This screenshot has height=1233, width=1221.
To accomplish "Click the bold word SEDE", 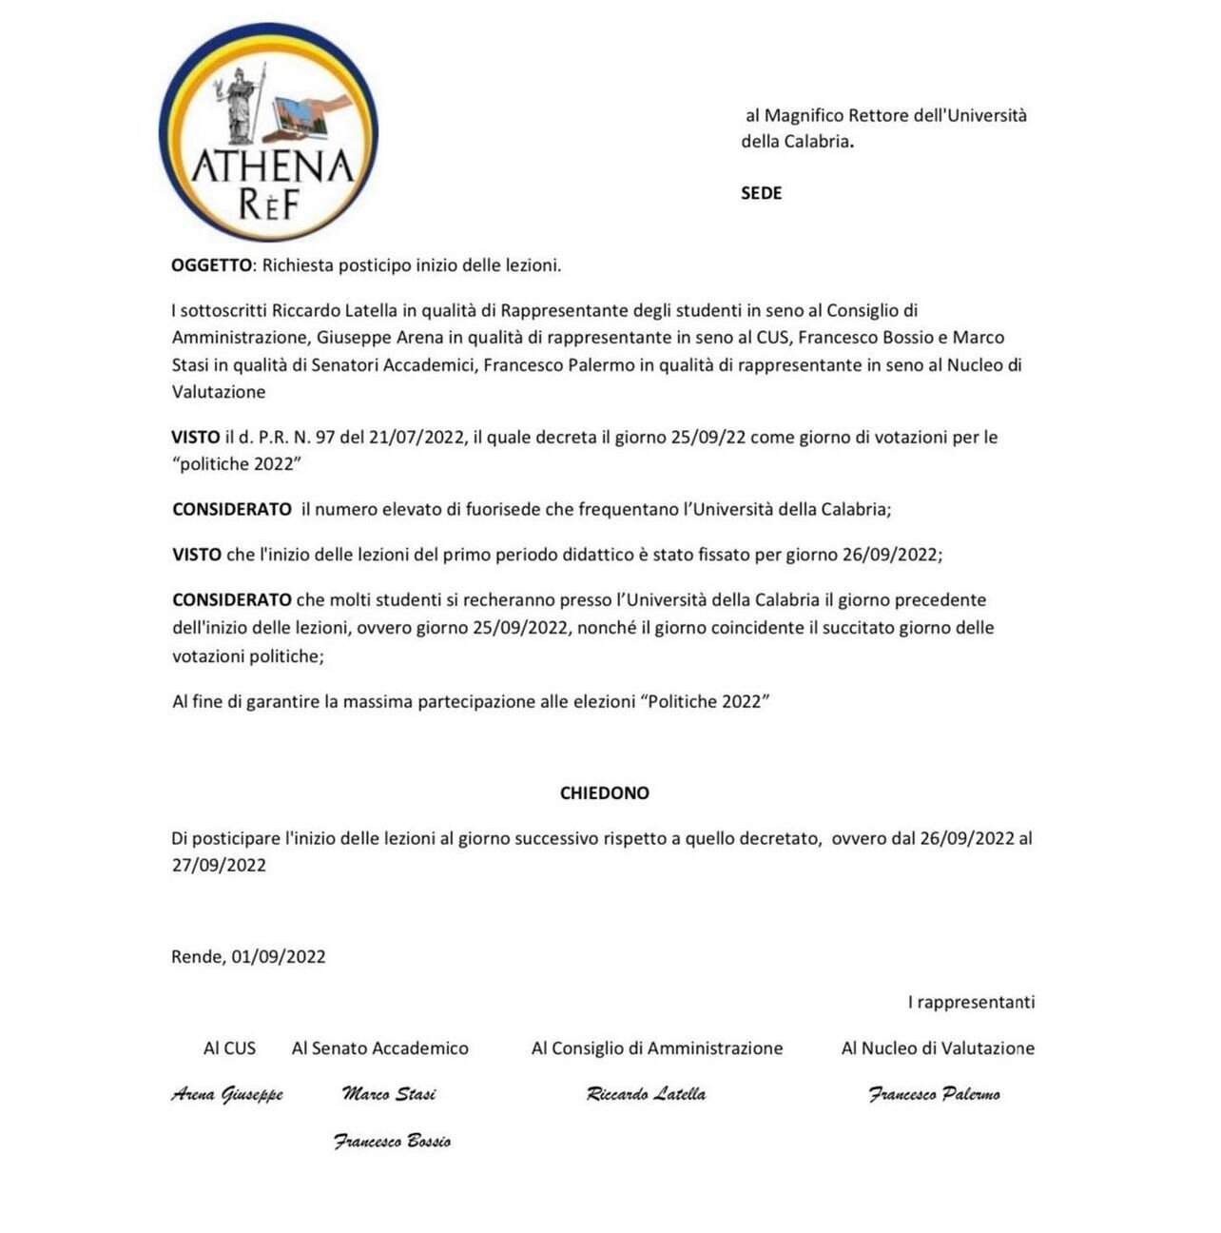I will [761, 193].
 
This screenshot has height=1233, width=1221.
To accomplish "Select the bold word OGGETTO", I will [211, 265].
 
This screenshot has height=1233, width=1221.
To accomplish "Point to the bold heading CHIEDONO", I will [604, 793].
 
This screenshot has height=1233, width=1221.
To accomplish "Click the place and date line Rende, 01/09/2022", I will [248, 956].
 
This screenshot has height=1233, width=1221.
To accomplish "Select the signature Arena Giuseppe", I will [227, 1094].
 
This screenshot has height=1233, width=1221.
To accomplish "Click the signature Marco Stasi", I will [389, 1094].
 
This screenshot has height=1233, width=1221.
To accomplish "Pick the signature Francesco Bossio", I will [392, 1141].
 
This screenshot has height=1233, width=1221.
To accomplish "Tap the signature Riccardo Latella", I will [647, 1094].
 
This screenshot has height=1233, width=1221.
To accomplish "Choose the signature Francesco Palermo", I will [934, 1094].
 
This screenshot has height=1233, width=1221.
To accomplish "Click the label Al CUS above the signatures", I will [229, 1047].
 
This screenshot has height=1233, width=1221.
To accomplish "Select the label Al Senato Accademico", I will [379, 1047].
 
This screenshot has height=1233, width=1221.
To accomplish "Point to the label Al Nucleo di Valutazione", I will [938, 1047].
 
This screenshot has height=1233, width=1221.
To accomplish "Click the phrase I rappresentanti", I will [971, 1002].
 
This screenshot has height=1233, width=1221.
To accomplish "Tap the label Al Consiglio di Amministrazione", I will [657, 1047].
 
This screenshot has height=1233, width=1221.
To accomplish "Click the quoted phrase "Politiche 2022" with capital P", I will [706, 702].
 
